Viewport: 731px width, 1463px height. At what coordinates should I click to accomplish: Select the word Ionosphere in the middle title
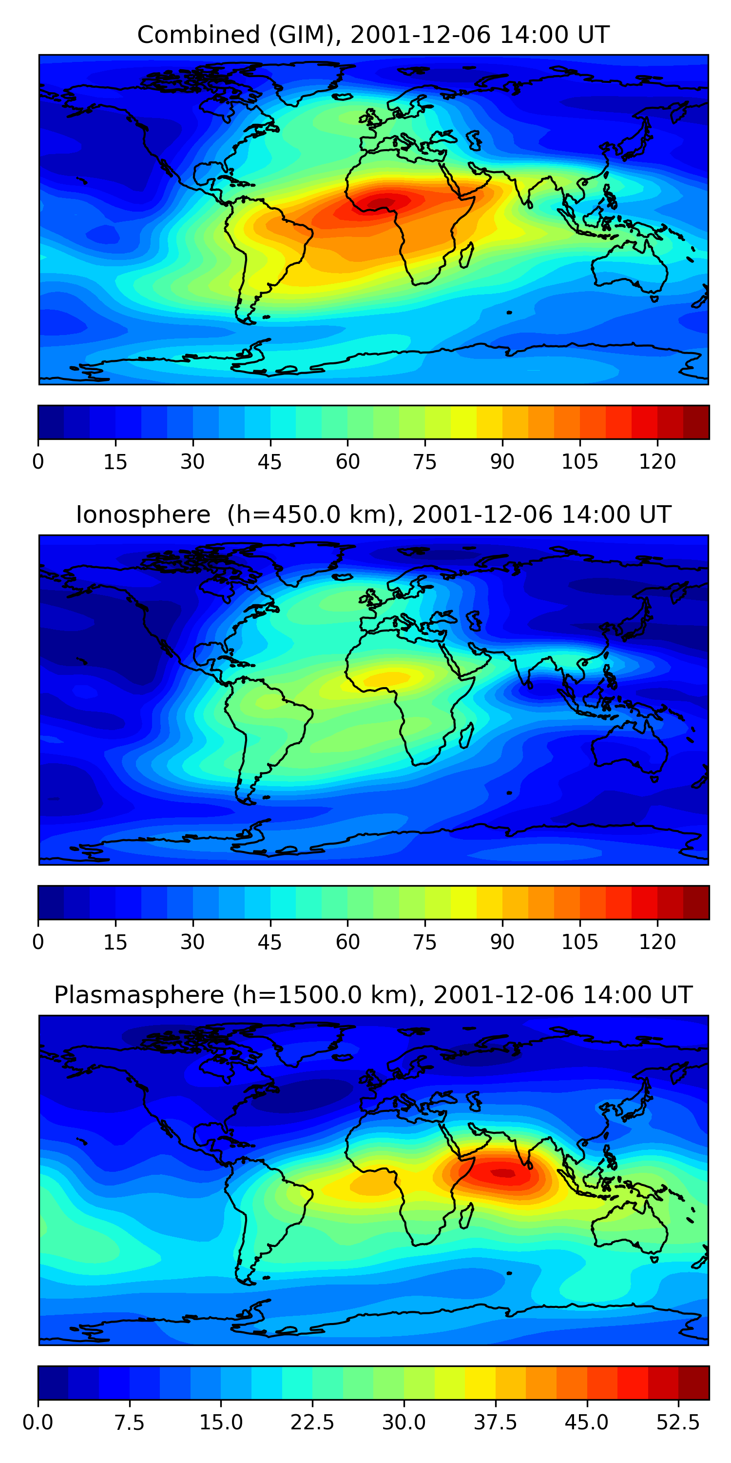click(x=143, y=514)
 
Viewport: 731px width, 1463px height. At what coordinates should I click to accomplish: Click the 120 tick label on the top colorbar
click(x=657, y=462)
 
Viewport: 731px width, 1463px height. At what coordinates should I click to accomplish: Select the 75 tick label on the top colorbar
click(x=425, y=462)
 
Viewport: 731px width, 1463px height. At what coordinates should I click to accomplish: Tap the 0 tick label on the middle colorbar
click(x=38, y=942)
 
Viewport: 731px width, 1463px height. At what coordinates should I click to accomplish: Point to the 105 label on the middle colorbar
click(x=579, y=942)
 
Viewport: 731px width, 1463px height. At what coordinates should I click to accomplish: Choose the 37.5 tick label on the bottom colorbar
click(x=496, y=1422)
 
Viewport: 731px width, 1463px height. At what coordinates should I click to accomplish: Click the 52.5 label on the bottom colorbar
click(x=678, y=1422)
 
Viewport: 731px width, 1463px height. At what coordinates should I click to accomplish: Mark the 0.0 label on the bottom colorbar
click(x=38, y=1422)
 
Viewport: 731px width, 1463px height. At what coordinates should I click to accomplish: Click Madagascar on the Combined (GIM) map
click(x=466, y=256)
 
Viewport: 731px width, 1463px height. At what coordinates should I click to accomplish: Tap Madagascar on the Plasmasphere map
click(x=466, y=1216)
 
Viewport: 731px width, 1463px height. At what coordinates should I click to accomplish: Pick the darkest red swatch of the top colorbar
click(x=696, y=422)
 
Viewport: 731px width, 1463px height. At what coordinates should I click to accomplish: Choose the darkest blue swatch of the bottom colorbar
click(x=53, y=1383)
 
